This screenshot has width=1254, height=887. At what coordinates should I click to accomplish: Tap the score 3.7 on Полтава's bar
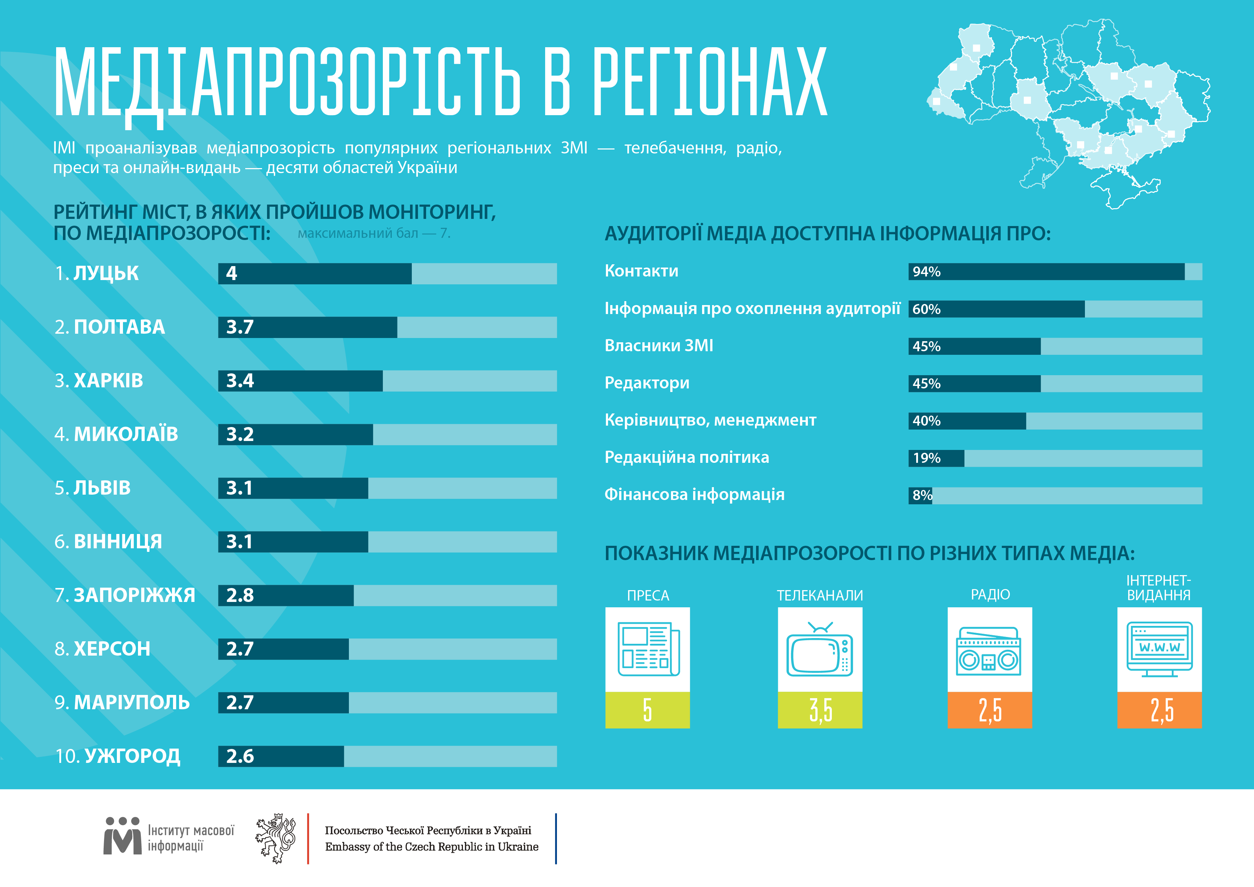point(240,327)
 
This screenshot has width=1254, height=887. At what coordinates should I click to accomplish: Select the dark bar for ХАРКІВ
point(300,381)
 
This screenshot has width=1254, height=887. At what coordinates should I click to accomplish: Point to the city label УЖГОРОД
point(132,756)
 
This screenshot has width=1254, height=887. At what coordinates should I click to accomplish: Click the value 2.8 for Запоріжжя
point(240,595)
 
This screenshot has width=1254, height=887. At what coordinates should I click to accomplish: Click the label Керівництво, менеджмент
point(710,420)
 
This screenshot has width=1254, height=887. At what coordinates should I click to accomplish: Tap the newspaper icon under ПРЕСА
point(648,649)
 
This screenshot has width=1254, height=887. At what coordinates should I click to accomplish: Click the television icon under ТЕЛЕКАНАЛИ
point(819,649)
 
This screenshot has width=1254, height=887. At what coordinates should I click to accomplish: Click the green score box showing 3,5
point(820,710)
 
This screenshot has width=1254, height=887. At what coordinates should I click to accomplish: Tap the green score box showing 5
point(647,710)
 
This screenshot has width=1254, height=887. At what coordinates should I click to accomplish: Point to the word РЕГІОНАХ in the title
point(710,82)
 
